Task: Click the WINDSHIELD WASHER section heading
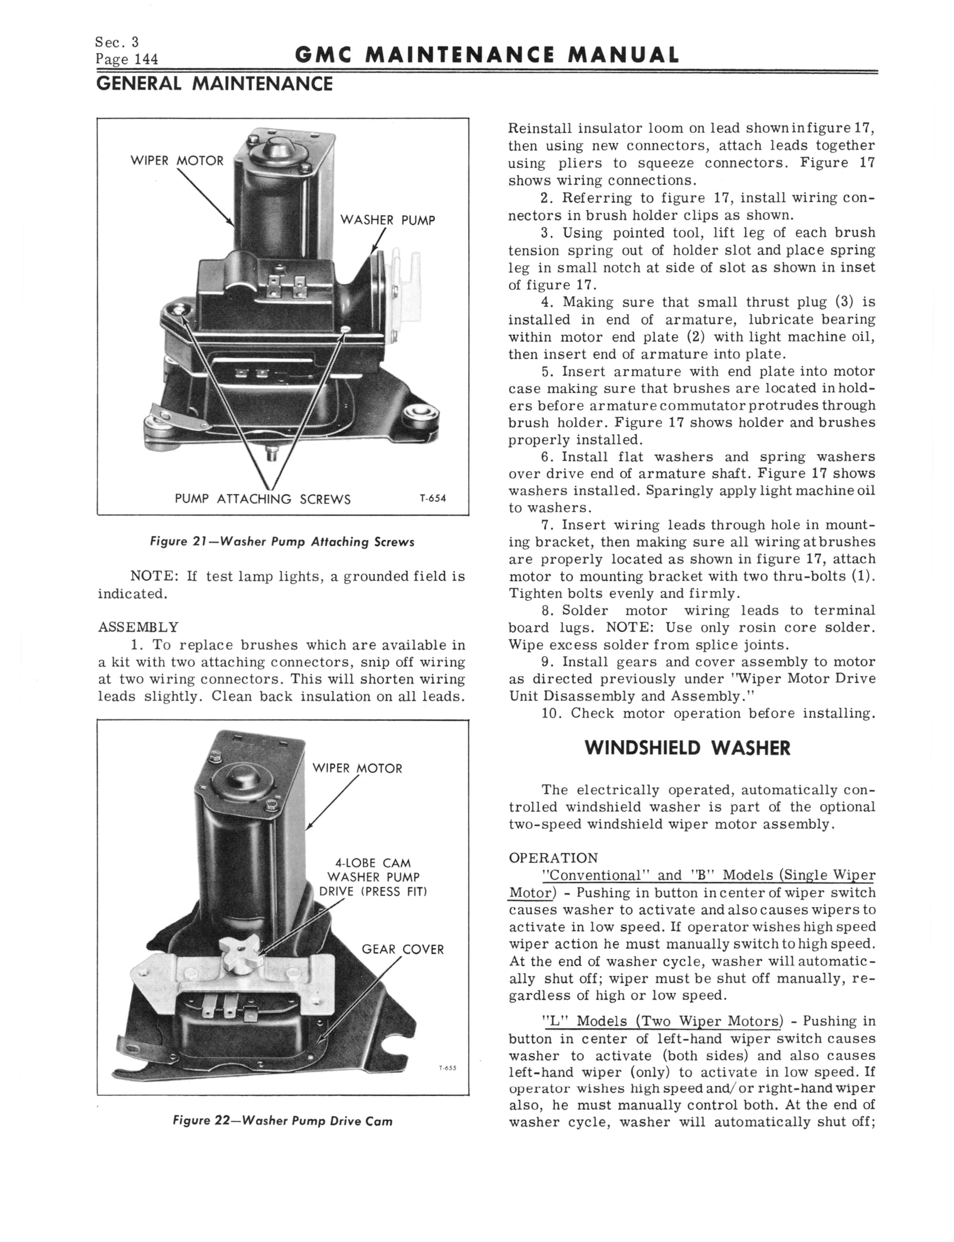click(x=687, y=748)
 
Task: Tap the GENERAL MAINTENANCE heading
click(x=214, y=84)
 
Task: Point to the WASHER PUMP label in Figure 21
click(x=387, y=220)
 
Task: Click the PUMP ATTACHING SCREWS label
click(x=262, y=500)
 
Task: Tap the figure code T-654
click(x=433, y=499)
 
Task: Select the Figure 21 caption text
click(x=282, y=542)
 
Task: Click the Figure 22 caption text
click(x=282, y=1121)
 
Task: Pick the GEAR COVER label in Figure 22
click(x=403, y=949)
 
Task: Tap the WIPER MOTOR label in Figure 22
click(x=357, y=769)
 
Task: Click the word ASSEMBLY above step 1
click(x=138, y=627)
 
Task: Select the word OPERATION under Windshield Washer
click(x=553, y=858)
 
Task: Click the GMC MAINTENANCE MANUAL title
click(x=487, y=55)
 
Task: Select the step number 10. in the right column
click(x=552, y=714)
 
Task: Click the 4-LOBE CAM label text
click(x=373, y=864)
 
